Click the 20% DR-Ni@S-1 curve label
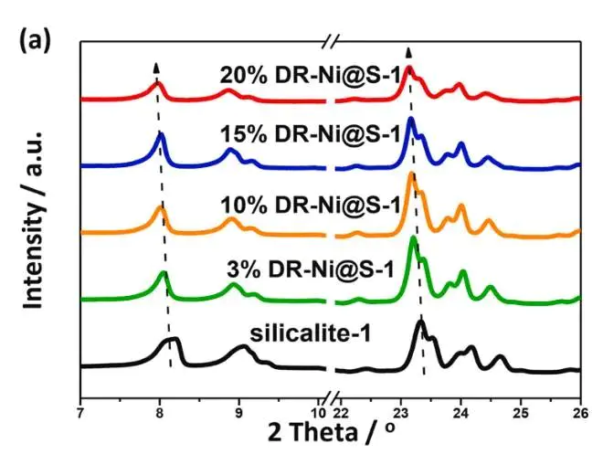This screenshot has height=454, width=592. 310,72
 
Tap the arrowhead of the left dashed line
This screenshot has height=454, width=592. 156,68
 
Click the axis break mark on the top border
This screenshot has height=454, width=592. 333,41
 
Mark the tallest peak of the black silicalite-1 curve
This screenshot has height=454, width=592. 420,322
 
